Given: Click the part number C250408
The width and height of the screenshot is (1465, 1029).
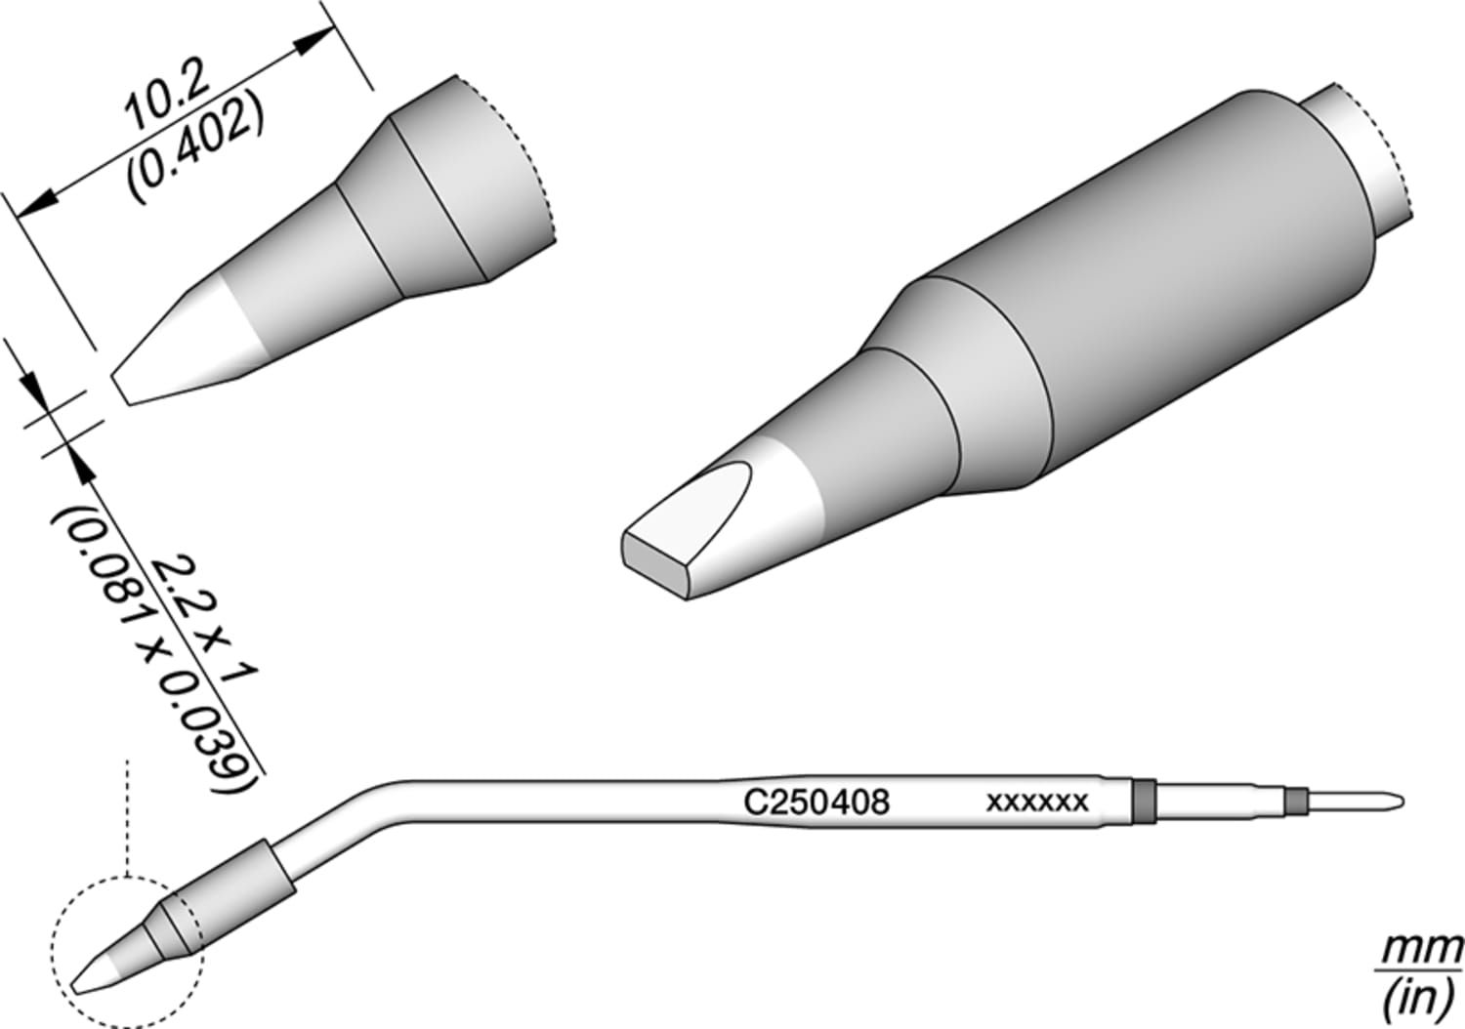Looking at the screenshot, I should click(x=816, y=803).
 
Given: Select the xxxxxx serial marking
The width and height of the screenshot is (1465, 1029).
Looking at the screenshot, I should click(x=1037, y=803).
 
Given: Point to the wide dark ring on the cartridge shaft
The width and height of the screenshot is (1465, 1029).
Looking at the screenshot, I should click(x=1143, y=800).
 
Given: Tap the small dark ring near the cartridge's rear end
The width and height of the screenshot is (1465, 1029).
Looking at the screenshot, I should click(x=1295, y=802).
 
